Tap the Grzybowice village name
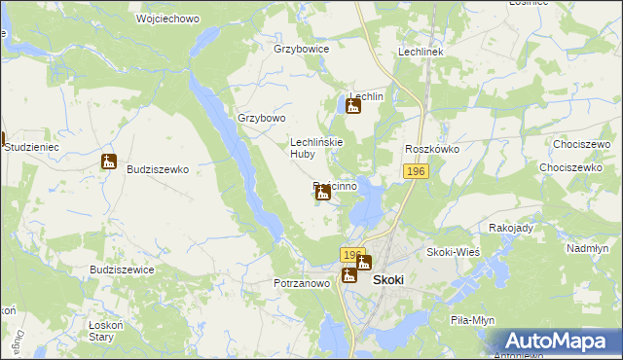pyautogui.click(x=302, y=49)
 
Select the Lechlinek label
pyautogui.click(x=421, y=52)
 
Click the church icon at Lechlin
pyautogui.click(x=353, y=104)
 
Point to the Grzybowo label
pyautogui.click(x=262, y=119)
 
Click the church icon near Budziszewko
pyautogui.click(x=109, y=162)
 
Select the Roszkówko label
pyautogui.click(x=432, y=149)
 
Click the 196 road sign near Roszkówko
pyautogui.click(x=416, y=171)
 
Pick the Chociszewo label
pyautogui.click(x=580, y=147)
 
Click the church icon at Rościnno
pyautogui.click(x=323, y=194)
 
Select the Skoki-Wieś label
pyautogui.click(x=453, y=252)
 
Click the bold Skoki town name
pyautogui.click(x=388, y=278)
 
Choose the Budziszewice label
pyautogui.click(x=122, y=270)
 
